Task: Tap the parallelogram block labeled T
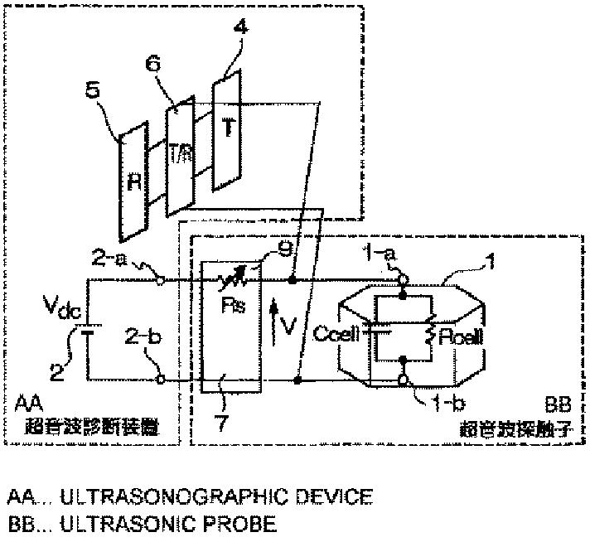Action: pos(226,128)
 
